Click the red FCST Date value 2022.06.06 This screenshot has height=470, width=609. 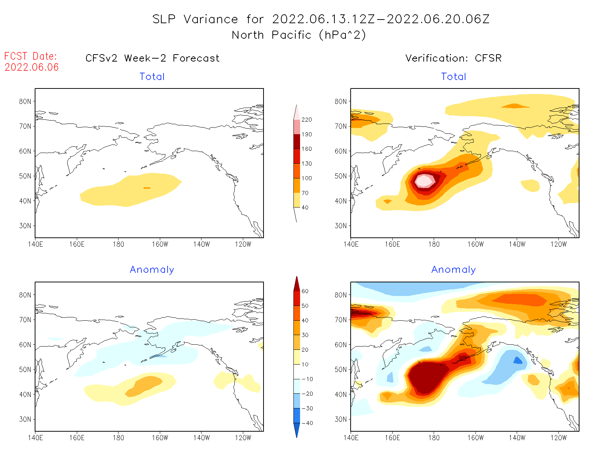(x=31, y=67)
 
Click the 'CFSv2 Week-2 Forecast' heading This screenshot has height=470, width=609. (x=152, y=58)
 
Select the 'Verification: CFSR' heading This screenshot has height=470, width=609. (x=453, y=58)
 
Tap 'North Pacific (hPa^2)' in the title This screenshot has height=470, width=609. (x=299, y=35)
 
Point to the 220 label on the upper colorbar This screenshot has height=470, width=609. (x=306, y=120)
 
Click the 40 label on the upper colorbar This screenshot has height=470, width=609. (x=305, y=208)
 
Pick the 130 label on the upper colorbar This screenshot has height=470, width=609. (x=306, y=164)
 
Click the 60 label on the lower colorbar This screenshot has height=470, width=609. (x=305, y=291)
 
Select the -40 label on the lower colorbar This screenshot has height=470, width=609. (x=307, y=423)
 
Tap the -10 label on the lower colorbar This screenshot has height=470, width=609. (x=307, y=379)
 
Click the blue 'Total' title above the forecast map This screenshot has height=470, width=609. (x=152, y=77)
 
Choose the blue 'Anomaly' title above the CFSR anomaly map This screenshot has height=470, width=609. (x=453, y=270)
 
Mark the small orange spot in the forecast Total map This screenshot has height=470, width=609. (x=147, y=188)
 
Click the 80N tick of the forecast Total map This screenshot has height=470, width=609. (x=25, y=101)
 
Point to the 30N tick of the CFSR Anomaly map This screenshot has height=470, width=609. (x=341, y=419)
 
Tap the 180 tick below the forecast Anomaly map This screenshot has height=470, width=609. (x=118, y=438)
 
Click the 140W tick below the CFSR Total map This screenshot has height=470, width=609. (x=517, y=244)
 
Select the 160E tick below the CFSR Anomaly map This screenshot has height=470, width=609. (x=392, y=438)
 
